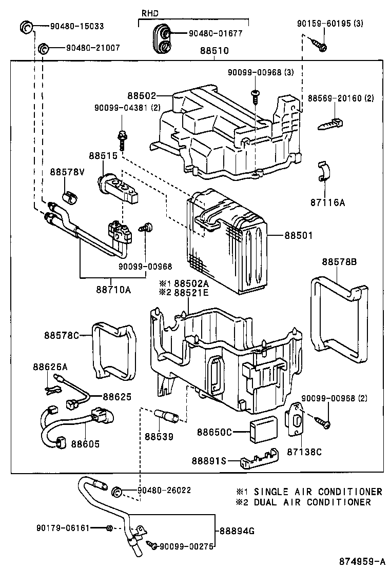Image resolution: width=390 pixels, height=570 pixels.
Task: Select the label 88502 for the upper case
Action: (140, 95)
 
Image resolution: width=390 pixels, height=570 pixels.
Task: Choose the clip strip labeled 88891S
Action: (259, 460)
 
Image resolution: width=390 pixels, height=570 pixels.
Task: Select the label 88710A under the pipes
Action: (113, 290)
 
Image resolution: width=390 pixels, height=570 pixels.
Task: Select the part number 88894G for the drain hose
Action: (237, 531)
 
